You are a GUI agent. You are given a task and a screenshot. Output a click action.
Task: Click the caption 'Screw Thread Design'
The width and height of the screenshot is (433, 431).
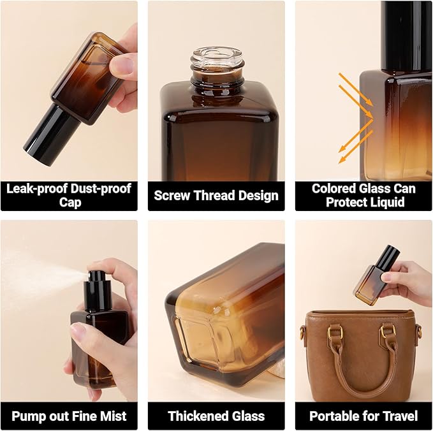pos(216,195)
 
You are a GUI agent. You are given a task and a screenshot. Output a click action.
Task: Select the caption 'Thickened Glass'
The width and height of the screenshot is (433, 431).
pos(216,416)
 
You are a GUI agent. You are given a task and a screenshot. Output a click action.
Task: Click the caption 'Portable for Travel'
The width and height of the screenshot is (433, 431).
pos(363,416)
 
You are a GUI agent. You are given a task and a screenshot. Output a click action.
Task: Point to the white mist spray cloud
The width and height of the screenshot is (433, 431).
pos(38,274)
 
